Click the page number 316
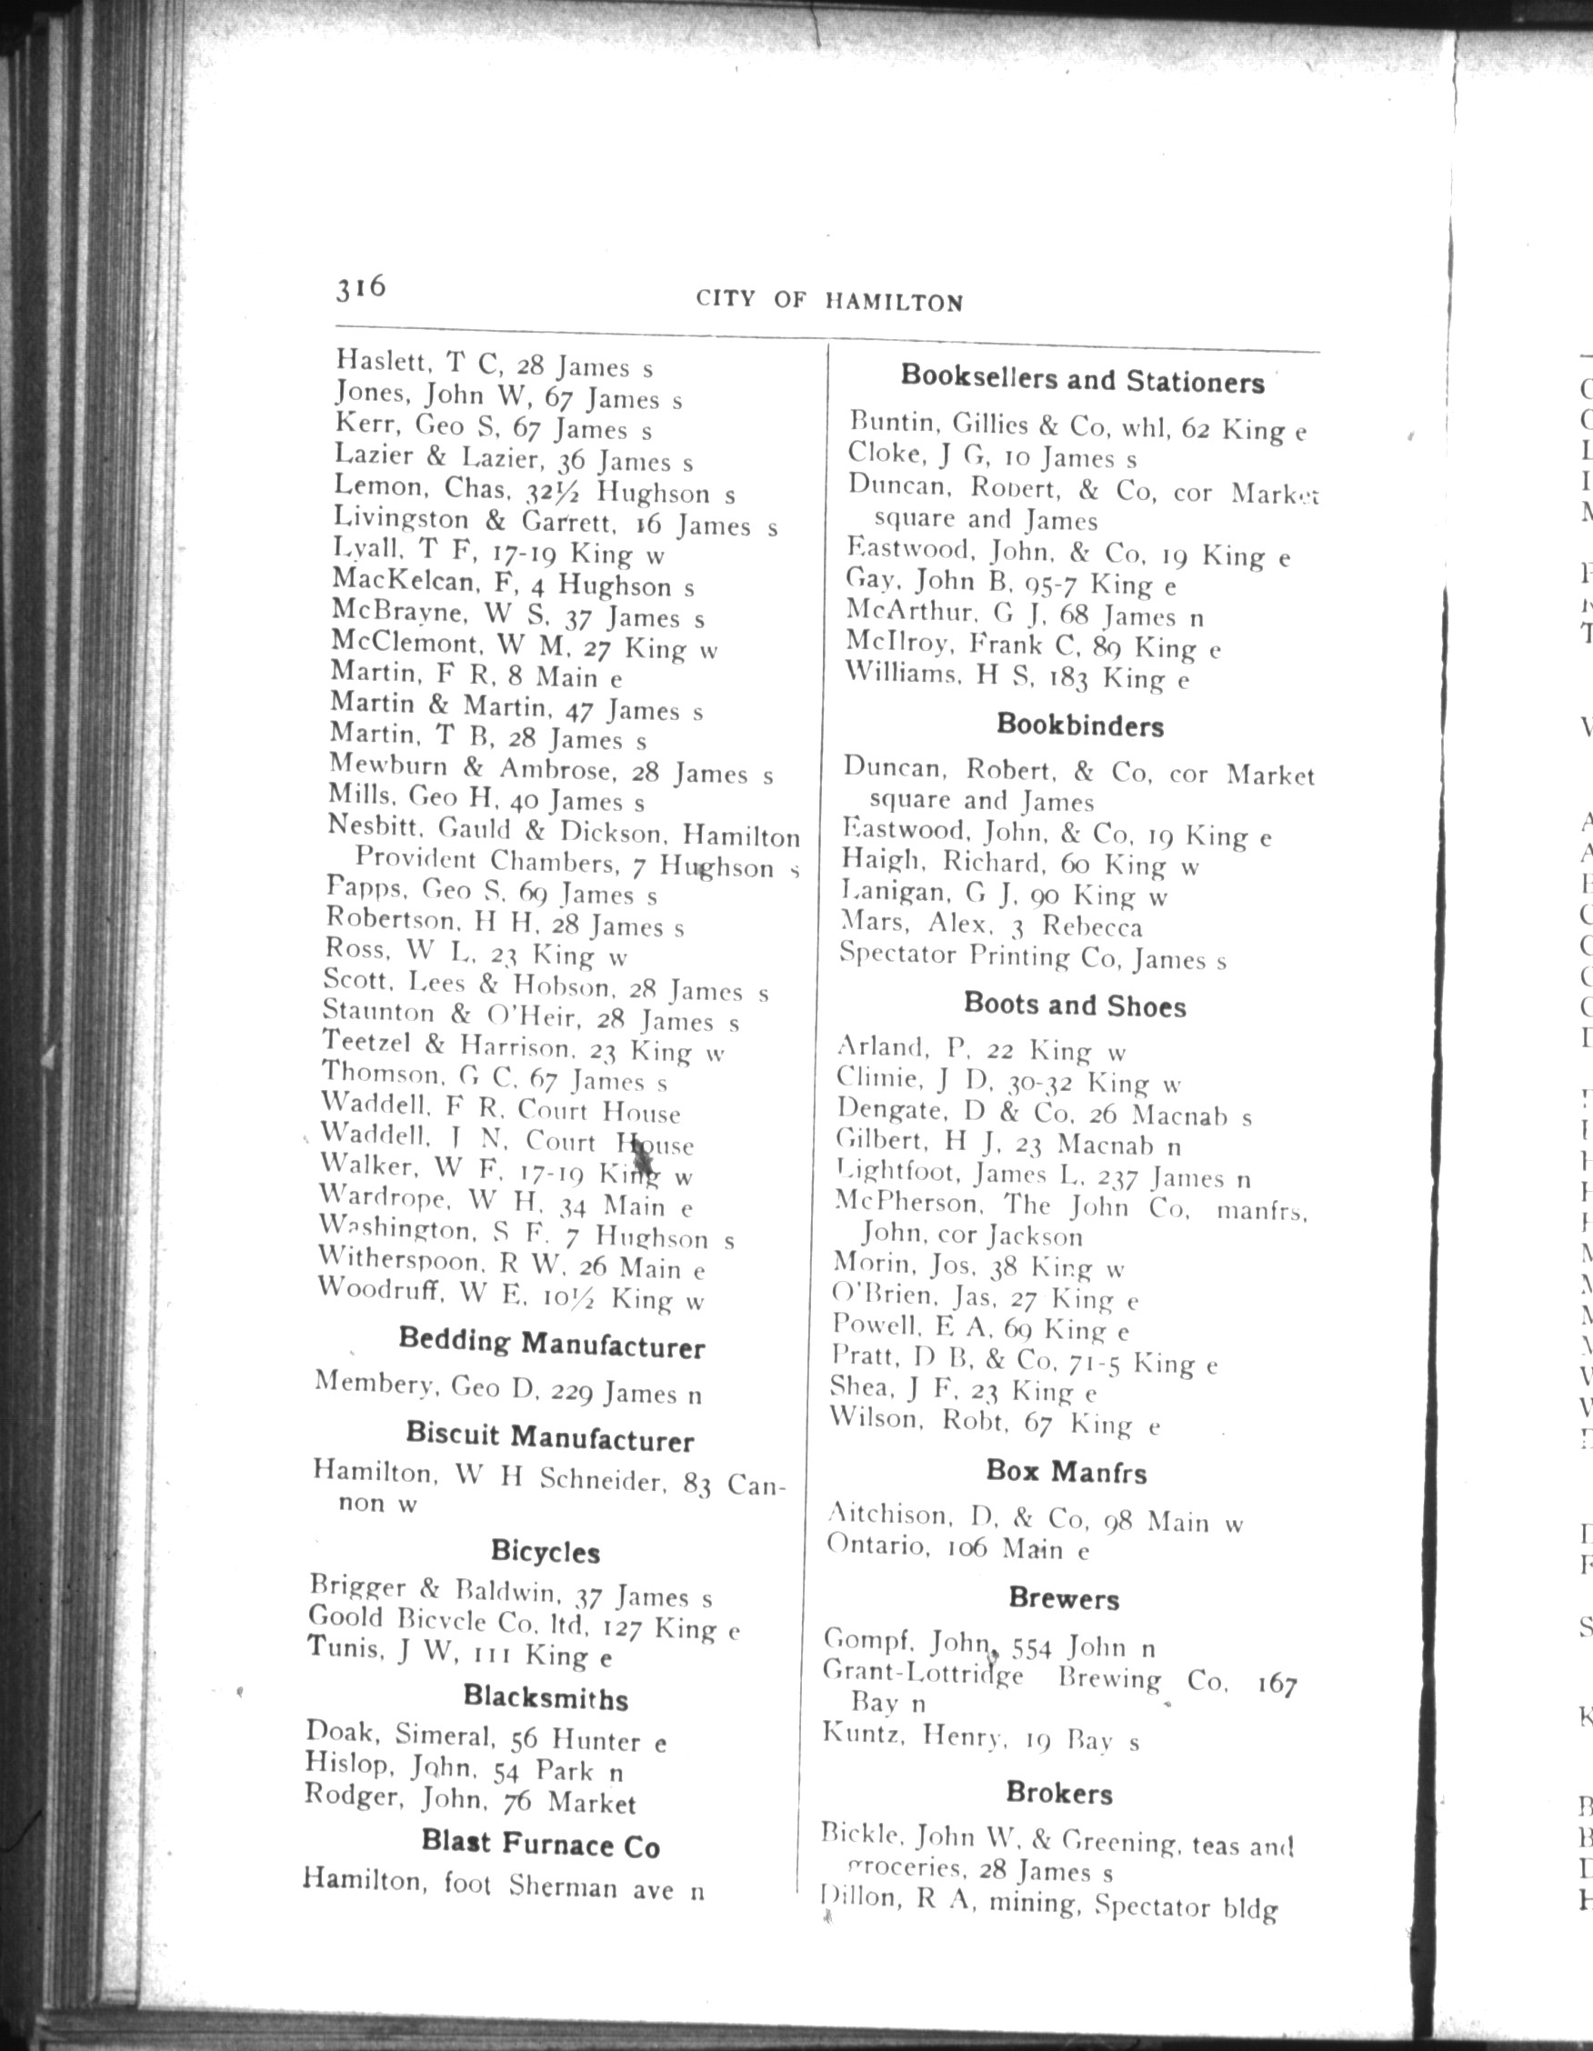tap(361, 286)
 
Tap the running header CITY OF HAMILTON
tap(829, 301)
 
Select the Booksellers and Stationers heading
tap(1082, 379)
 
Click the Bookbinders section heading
tap(1079, 725)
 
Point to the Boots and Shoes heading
tap(1075, 1005)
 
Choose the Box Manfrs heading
tap(1066, 1472)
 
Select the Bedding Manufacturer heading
tap(551, 1344)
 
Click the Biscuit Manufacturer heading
tap(549, 1436)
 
